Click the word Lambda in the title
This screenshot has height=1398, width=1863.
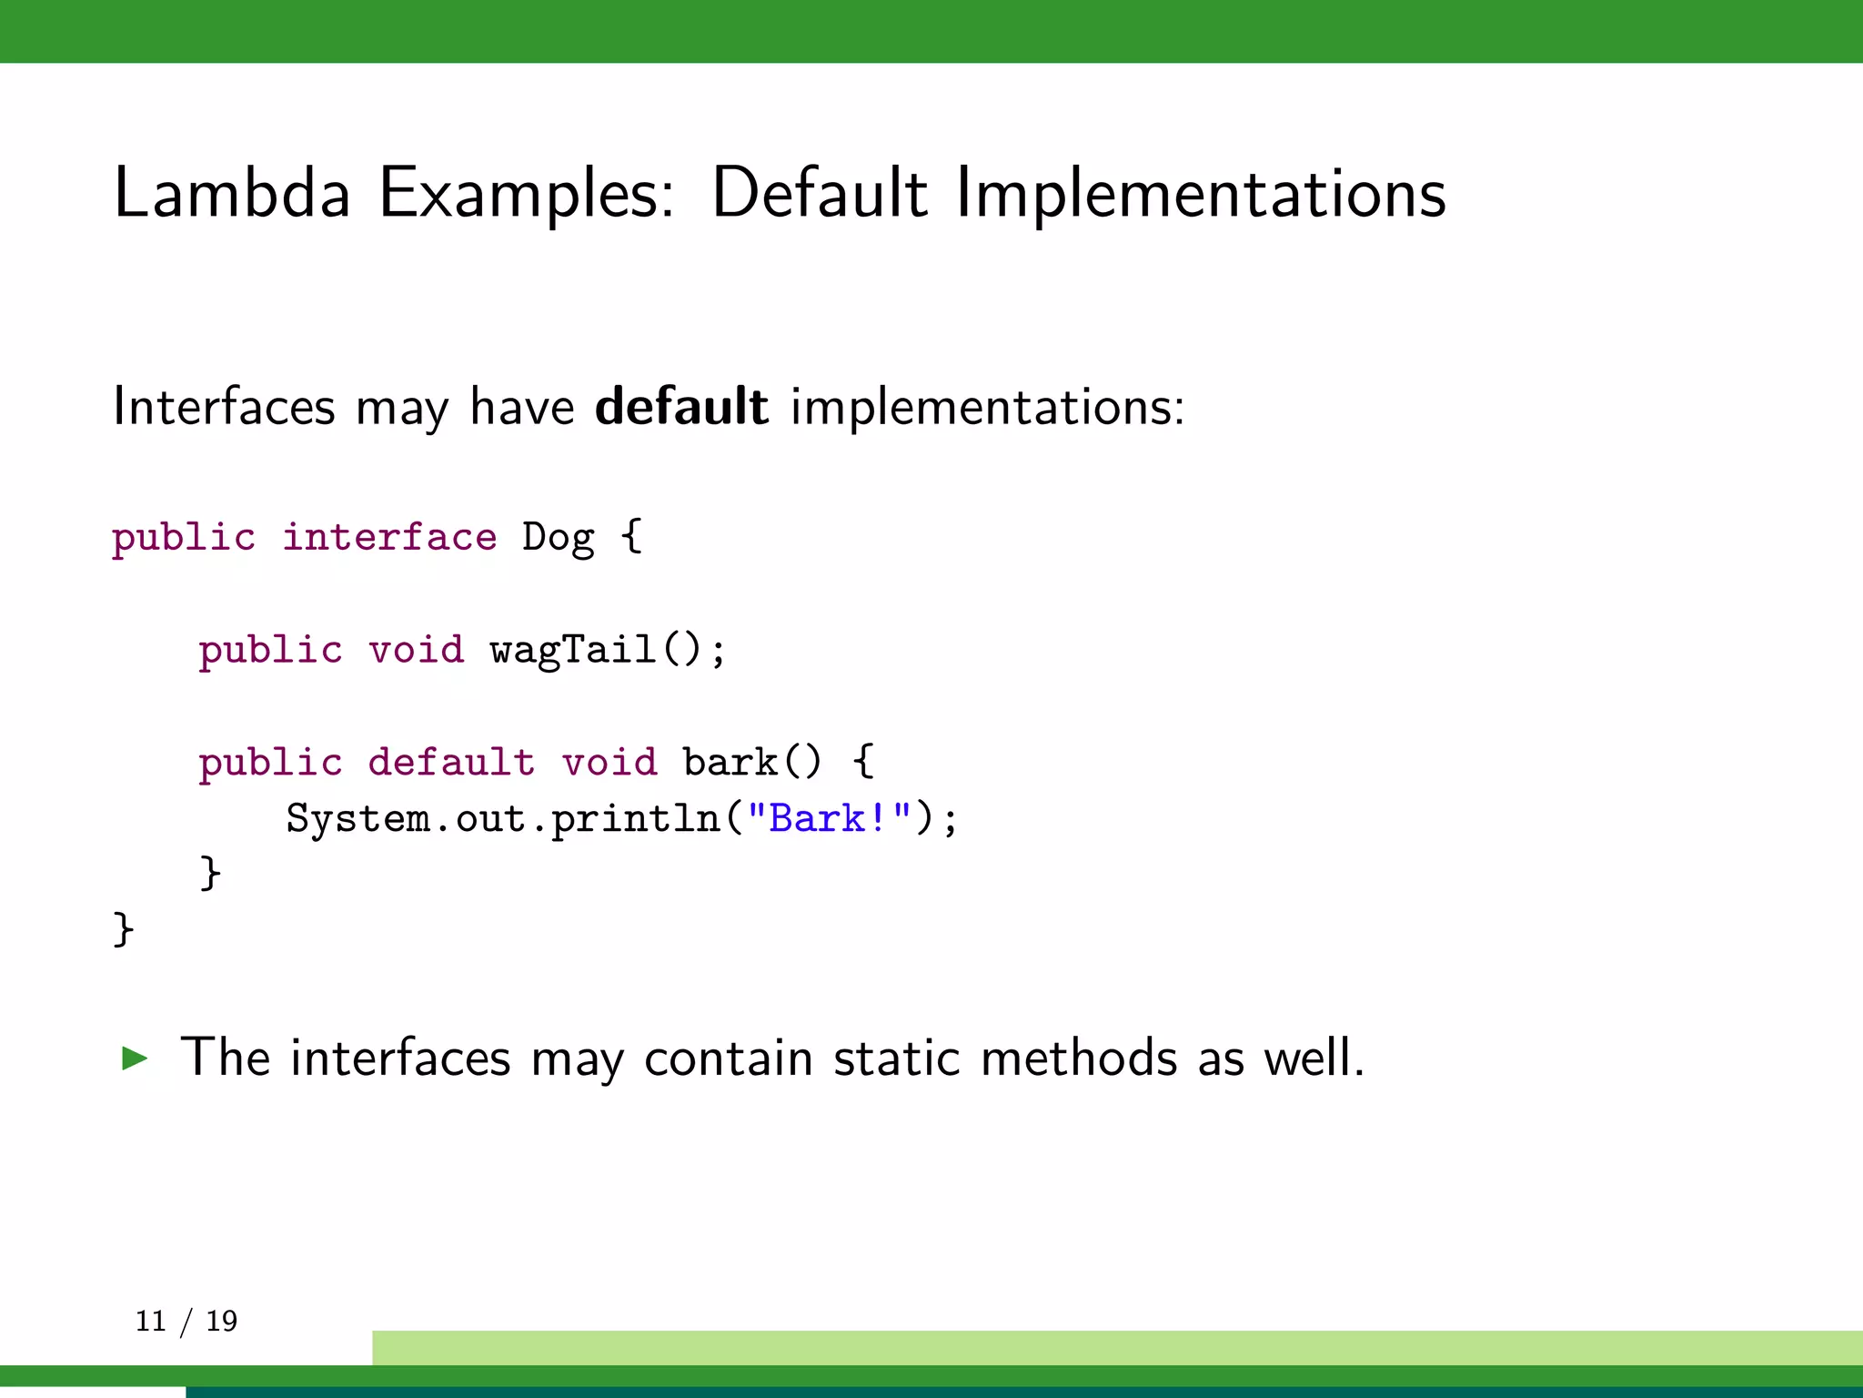tap(232, 193)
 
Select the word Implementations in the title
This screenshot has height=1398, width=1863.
tap(1200, 195)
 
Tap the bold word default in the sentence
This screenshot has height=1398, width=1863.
tap(681, 406)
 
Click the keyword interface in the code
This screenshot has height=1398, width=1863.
tap(389, 537)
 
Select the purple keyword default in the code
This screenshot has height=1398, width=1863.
tap(451, 763)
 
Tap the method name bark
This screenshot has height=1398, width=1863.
tap(730, 763)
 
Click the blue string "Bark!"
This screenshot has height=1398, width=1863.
tap(829, 818)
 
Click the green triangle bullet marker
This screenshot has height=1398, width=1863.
tap(135, 1058)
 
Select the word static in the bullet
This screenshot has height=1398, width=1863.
tap(896, 1058)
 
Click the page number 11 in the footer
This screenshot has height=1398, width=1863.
tap(151, 1321)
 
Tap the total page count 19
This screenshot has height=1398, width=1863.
tap(221, 1321)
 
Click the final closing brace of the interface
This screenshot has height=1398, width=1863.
tap(123, 930)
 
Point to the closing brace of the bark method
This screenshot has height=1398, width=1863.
tap(210, 874)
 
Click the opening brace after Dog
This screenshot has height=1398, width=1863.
tap(632, 537)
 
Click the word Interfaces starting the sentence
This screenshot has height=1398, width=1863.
tap(224, 406)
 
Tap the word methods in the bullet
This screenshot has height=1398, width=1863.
tap(1079, 1058)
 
